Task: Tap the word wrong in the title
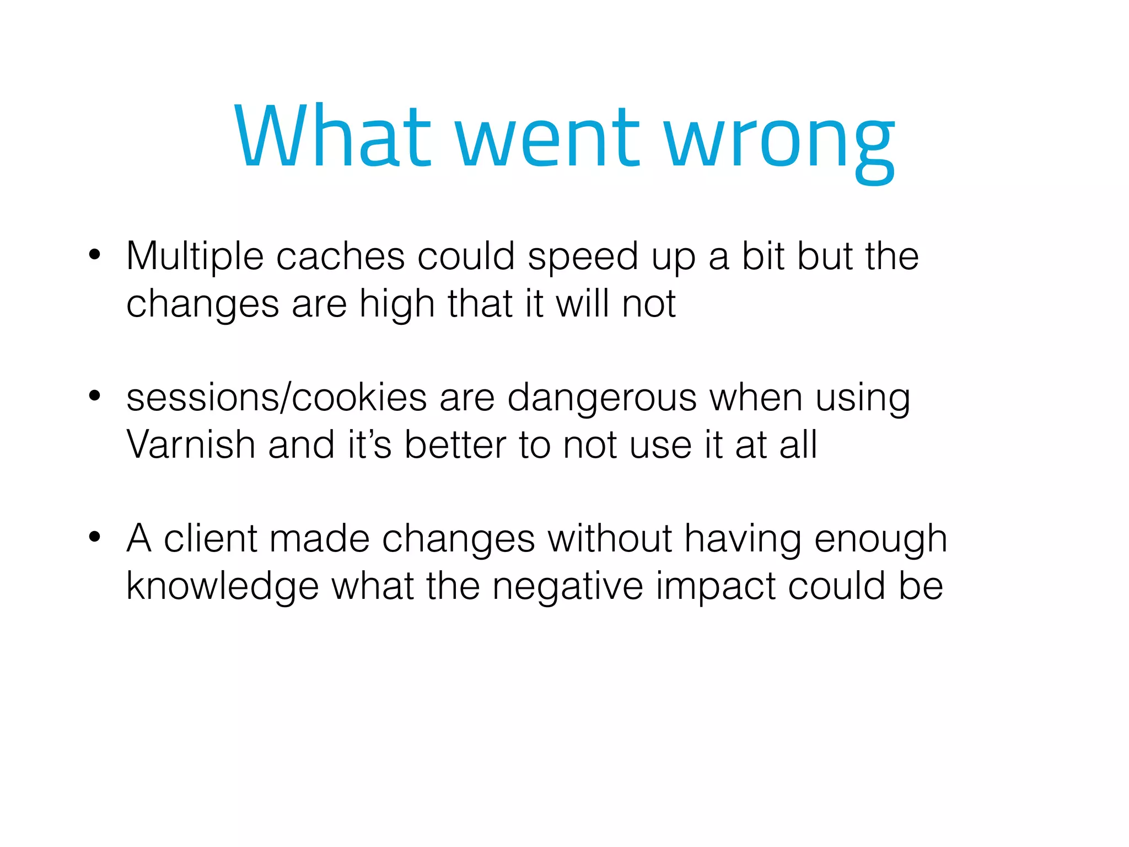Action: click(779, 141)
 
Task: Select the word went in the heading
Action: click(548, 138)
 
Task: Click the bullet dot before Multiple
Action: click(95, 255)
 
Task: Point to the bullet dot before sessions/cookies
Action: click(95, 396)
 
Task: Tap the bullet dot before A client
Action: click(95, 537)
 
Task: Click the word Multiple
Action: click(195, 257)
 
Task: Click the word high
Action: click(397, 305)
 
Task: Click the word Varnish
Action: click(191, 444)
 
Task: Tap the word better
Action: click(455, 444)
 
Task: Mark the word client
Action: click(211, 538)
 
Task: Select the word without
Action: click(610, 538)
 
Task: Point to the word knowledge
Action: click(222, 587)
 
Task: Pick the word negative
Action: click(567, 587)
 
